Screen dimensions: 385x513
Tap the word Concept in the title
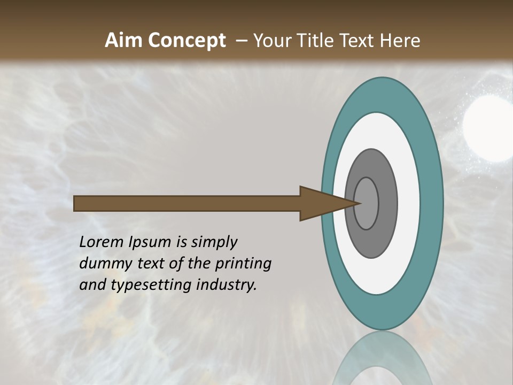pyautogui.click(x=187, y=41)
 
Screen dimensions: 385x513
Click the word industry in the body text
pyautogui.click(x=226, y=284)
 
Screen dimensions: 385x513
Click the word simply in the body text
pyautogui.click(x=214, y=242)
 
